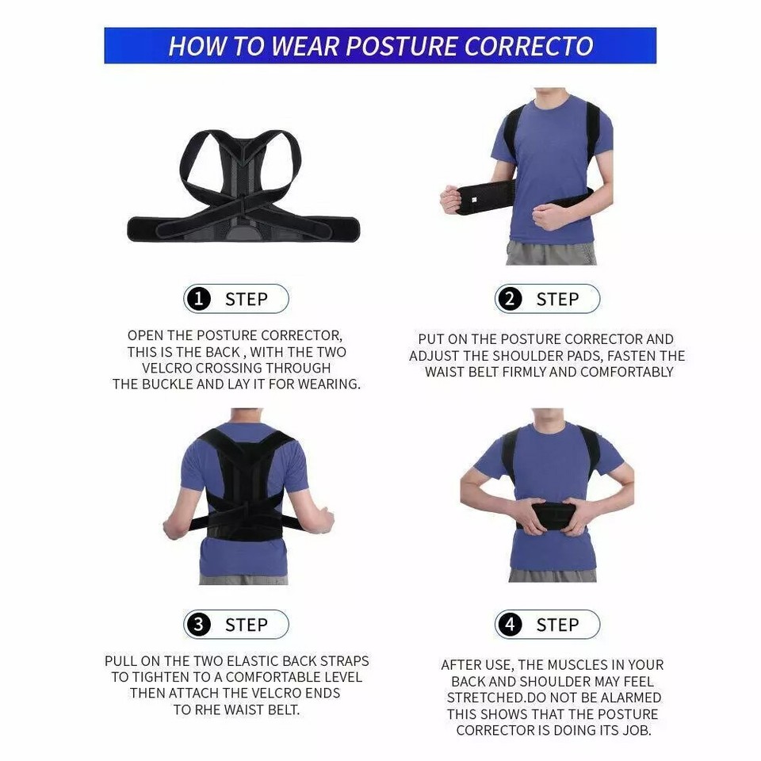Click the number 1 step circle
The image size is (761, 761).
[x=198, y=299]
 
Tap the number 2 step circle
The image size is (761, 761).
[x=510, y=299]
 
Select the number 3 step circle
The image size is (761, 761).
[x=198, y=625]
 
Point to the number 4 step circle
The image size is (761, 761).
[x=510, y=625]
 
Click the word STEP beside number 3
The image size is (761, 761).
[x=246, y=625]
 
